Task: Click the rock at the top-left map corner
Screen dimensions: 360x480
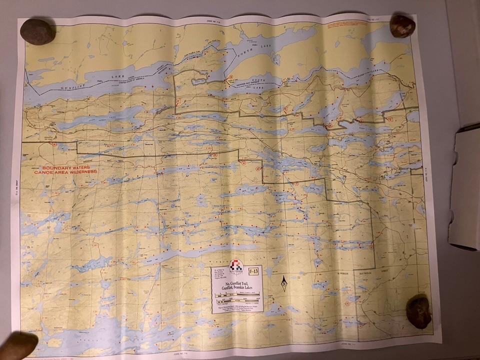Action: [x=37, y=31]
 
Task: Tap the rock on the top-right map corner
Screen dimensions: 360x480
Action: [x=402, y=26]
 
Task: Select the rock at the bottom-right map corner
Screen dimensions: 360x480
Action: [x=418, y=311]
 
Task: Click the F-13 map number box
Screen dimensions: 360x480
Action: [x=253, y=271]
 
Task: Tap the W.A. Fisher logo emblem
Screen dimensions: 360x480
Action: [x=236, y=267]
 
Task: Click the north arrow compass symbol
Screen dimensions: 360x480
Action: [x=283, y=283]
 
